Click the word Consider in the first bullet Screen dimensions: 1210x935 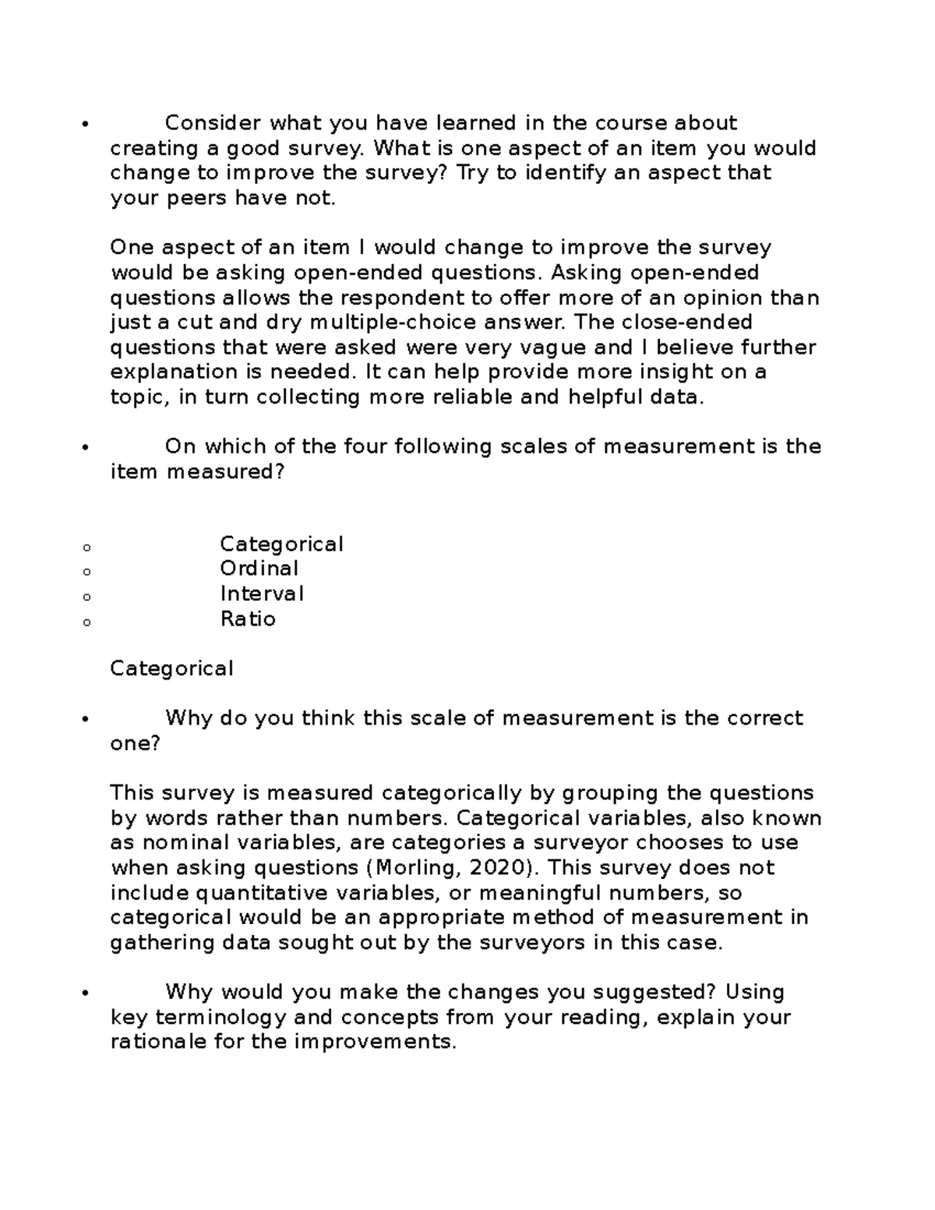click(213, 123)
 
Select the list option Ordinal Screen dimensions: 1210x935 click(259, 569)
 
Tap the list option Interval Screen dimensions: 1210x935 click(262, 594)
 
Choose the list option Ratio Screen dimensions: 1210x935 click(248, 619)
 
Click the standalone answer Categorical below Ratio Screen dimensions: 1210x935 click(171, 668)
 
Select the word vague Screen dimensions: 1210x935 click(556, 347)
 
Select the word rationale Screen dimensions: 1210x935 click(159, 1042)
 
